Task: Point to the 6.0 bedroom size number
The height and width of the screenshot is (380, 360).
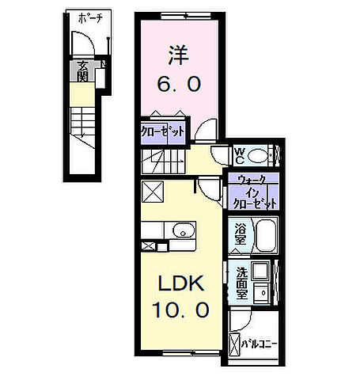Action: click(177, 82)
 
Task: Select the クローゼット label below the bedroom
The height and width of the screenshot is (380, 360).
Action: click(163, 131)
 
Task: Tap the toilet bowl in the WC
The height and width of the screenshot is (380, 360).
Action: click(263, 152)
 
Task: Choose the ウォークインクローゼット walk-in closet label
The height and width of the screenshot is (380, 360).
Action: click(253, 192)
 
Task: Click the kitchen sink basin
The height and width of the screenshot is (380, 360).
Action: click(181, 231)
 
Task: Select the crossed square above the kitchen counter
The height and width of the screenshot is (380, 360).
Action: click(152, 191)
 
